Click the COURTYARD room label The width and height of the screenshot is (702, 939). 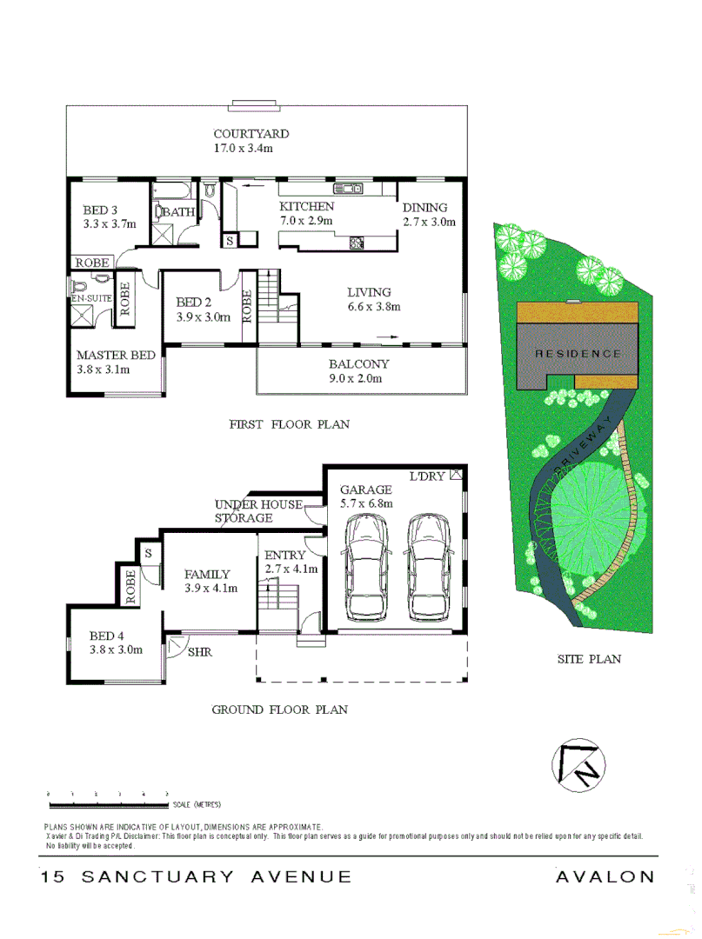(251, 135)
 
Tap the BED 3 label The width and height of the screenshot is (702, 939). (100, 210)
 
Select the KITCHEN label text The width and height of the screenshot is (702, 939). (306, 207)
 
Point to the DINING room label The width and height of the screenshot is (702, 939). (425, 208)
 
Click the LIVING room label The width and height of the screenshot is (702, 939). (369, 292)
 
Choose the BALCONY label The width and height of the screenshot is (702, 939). (358, 364)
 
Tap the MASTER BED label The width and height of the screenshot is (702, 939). (116, 355)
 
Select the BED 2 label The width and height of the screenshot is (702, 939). (193, 303)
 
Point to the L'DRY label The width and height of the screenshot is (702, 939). (428, 476)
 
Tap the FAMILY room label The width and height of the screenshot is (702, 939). (207, 574)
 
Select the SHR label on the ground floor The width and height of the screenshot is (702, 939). (200, 651)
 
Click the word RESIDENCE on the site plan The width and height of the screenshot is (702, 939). (578, 354)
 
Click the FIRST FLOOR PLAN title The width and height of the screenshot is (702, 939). (289, 424)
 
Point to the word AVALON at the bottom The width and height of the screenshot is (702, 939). (605, 877)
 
